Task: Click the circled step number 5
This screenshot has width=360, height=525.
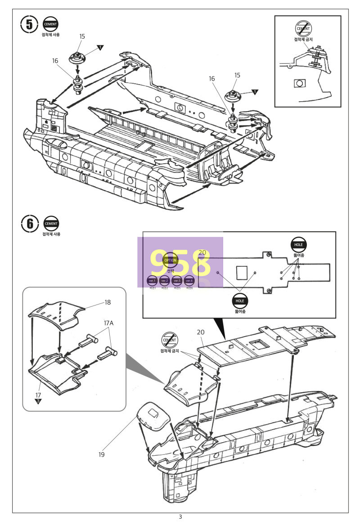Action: [29, 25]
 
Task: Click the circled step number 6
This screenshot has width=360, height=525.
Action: [29, 224]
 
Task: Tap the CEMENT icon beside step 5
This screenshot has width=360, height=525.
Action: [51, 25]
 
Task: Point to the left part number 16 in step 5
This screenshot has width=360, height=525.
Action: [55, 60]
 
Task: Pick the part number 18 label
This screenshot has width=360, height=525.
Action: [108, 302]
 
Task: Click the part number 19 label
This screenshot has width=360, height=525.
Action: [102, 454]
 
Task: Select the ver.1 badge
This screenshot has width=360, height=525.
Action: [152, 281]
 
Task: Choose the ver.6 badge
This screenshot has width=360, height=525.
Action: [189, 281]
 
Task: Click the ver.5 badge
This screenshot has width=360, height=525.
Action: [177, 281]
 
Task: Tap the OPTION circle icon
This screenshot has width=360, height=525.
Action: [170, 260]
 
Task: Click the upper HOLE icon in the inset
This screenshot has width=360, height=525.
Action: [298, 244]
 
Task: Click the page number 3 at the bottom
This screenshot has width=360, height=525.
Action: [180, 517]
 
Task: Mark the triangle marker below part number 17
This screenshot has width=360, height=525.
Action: [38, 400]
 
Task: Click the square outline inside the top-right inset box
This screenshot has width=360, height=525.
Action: [299, 83]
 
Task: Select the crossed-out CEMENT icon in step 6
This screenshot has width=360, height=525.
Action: [170, 341]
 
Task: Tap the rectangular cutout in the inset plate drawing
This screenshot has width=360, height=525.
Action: [242, 273]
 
